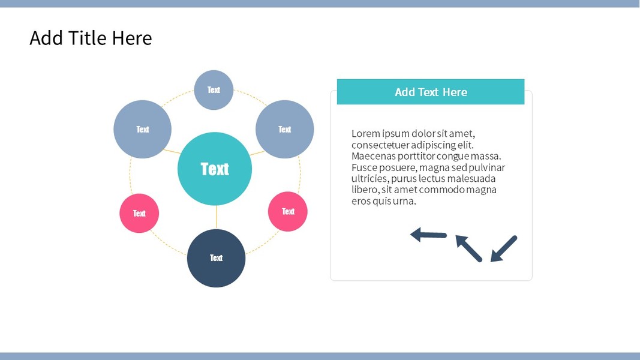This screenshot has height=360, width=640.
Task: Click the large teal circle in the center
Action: (x=215, y=169)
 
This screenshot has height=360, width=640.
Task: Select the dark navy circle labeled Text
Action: (x=216, y=258)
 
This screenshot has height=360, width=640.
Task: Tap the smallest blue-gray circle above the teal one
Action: (x=214, y=90)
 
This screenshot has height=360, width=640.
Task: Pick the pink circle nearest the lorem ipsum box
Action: (x=288, y=211)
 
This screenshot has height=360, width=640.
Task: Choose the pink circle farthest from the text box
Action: (x=139, y=213)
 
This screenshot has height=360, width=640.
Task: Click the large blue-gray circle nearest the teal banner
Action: (x=285, y=129)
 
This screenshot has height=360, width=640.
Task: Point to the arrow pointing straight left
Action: (x=428, y=235)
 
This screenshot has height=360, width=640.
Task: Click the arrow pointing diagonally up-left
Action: (x=468, y=248)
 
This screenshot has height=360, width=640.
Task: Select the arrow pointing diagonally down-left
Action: (x=503, y=248)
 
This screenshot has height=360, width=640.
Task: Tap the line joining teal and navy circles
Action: (x=216, y=217)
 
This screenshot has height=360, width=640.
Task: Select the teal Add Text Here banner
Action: (x=431, y=92)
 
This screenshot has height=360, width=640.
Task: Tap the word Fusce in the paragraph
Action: (x=363, y=167)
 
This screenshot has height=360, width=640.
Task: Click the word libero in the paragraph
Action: (x=364, y=190)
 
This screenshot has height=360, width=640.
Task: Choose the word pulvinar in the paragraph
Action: (x=485, y=167)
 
